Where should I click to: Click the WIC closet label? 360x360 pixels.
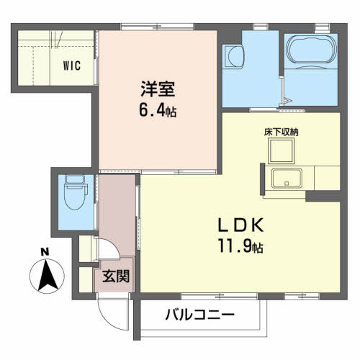pyautogui.click(x=71, y=65)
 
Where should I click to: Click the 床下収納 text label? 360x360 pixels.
pyautogui.click(x=281, y=132)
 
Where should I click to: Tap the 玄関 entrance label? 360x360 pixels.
pyautogui.click(x=114, y=274)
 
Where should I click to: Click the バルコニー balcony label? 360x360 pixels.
pyautogui.click(x=199, y=315)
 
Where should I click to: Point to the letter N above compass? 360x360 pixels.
pyautogui.click(x=45, y=251)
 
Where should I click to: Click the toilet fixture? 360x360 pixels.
pyautogui.click(x=72, y=194)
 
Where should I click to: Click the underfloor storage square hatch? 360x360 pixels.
pyautogui.click(x=282, y=150)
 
